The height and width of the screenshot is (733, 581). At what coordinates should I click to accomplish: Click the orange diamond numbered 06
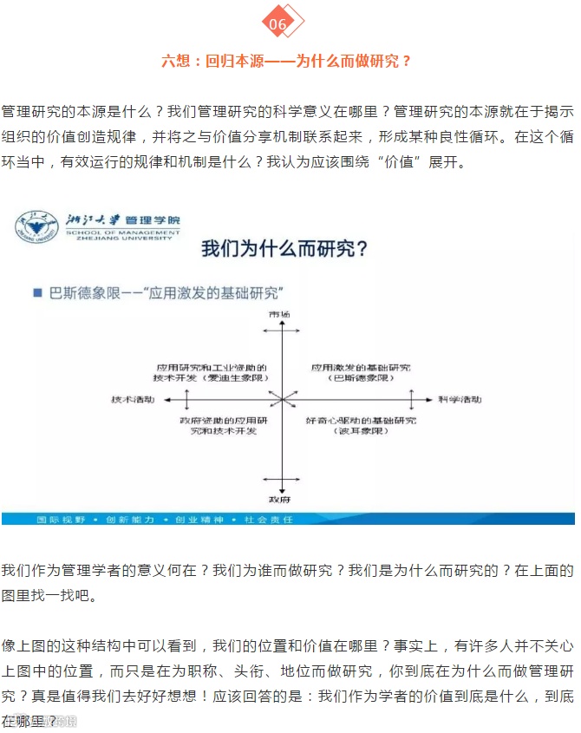(279, 24)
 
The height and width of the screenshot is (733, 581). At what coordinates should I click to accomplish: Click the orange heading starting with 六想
(286, 62)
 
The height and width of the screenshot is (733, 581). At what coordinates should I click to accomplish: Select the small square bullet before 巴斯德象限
(38, 293)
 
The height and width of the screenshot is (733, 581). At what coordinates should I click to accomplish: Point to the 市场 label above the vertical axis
(279, 313)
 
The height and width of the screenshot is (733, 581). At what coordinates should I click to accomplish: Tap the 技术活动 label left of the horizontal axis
(133, 399)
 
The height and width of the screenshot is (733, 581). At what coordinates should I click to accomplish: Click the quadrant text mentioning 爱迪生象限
(212, 373)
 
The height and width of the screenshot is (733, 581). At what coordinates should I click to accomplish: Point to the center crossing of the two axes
(281, 399)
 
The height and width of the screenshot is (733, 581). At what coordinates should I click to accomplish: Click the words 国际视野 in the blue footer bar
(58, 519)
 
